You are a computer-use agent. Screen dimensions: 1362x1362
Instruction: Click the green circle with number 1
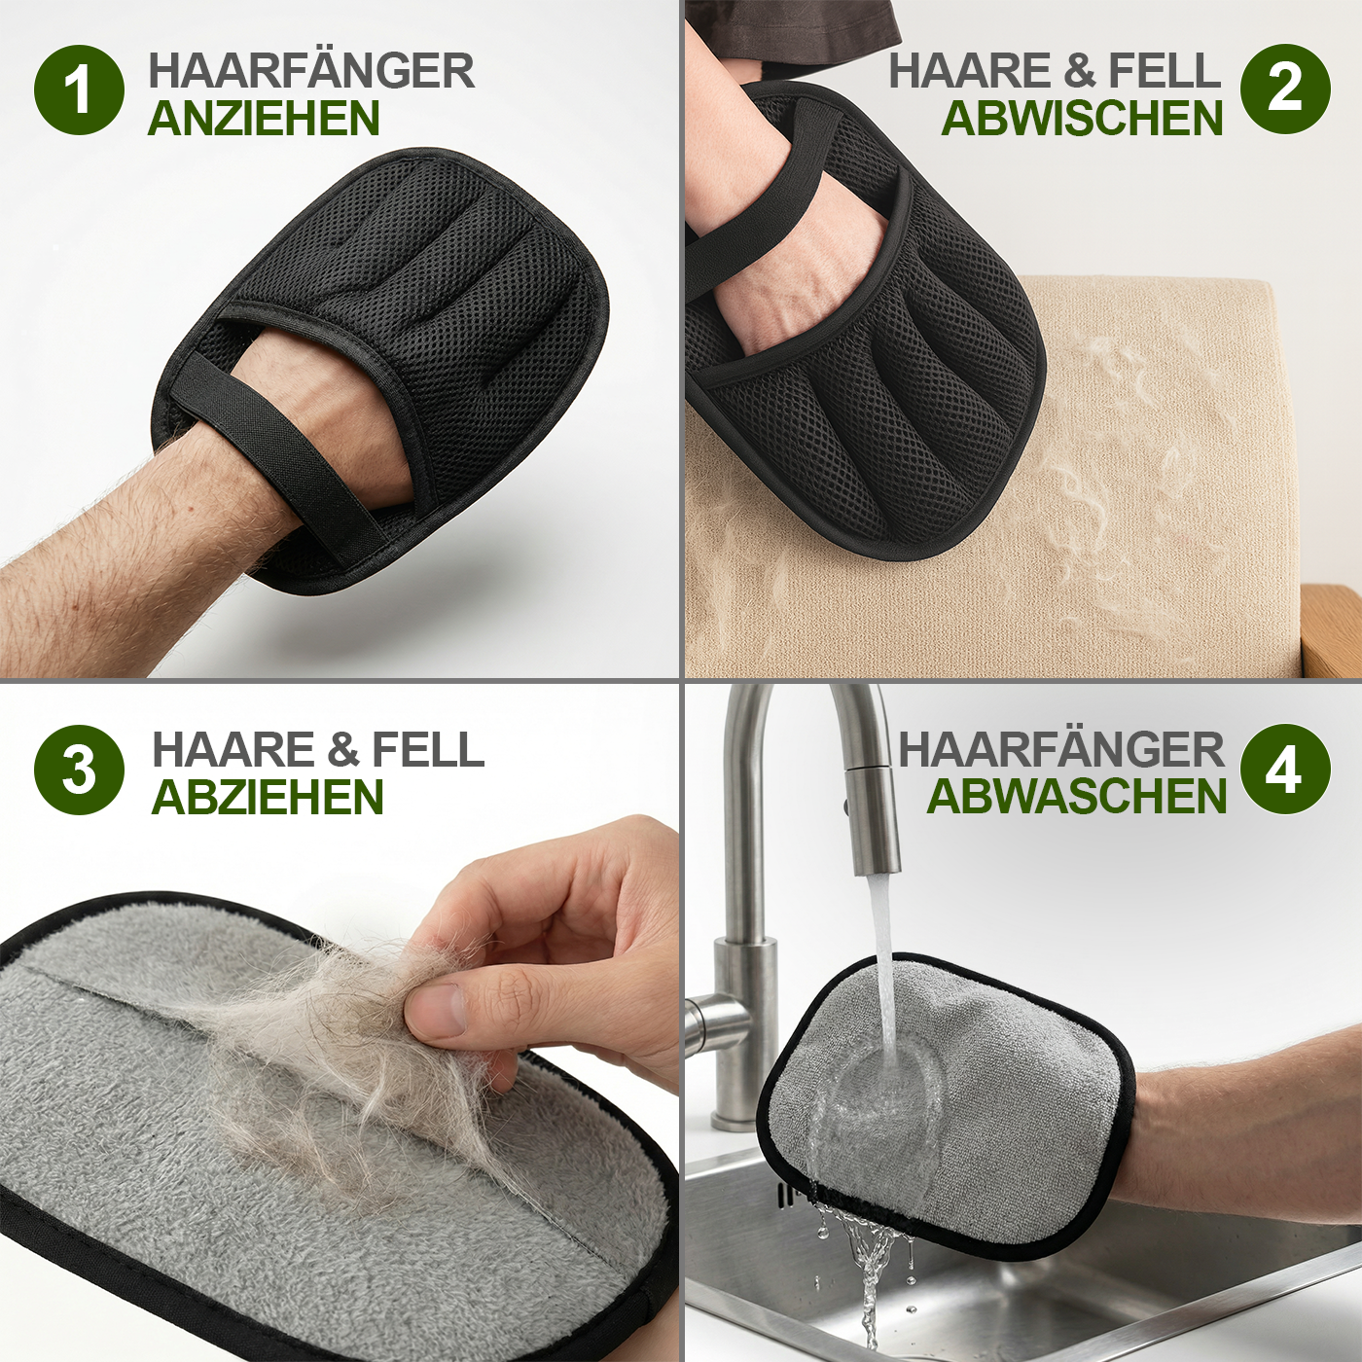click(79, 90)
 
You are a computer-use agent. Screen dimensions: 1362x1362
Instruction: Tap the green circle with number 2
click(1284, 89)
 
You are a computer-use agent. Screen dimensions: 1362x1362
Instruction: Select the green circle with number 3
click(79, 770)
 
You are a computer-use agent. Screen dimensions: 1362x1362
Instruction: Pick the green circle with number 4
click(1284, 770)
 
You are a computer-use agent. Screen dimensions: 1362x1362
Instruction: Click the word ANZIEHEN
click(264, 119)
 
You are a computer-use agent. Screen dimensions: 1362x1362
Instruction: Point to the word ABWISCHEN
click(1082, 119)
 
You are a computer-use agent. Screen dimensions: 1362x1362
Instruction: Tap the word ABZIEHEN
click(268, 798)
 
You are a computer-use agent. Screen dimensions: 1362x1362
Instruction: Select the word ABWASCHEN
click(1077, 797)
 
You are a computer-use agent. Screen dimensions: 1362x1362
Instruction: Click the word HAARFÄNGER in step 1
click(311, 70)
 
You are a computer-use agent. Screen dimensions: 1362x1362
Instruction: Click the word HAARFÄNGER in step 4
click(1060, 749)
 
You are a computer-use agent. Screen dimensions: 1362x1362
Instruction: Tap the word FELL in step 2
click(1164, 70)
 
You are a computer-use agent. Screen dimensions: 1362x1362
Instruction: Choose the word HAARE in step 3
click(233, 749)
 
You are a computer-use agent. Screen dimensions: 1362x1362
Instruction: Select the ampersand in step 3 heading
click(342, 749)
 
